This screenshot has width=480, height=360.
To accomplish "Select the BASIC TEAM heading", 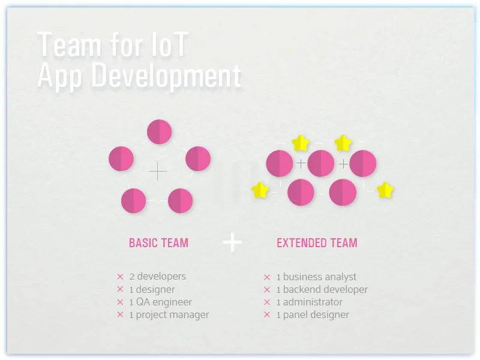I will (158, 243).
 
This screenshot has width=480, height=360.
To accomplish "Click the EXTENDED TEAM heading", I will (317, 243).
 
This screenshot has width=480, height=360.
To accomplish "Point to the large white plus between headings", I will (232, 242).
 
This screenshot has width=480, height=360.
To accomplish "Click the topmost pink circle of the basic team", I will (160, 132).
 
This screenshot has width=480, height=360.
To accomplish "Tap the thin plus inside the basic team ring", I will (158, 172).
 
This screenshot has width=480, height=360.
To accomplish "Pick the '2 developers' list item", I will (158, 277).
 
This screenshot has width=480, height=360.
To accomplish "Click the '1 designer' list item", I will (152, 289).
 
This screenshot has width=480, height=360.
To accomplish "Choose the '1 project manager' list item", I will (169, 314).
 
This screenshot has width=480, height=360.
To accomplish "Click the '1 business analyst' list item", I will (316, 277).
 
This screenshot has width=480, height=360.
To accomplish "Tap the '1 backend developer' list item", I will (322, 289).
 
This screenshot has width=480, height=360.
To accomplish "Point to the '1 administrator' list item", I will (310, 302).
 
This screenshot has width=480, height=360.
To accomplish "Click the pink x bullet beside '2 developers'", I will (120, 277).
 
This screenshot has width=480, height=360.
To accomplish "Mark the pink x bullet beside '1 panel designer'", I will (267, 314).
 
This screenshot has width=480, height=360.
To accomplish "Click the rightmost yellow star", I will (385, 190).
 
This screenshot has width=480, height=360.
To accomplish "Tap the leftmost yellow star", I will (260, 190).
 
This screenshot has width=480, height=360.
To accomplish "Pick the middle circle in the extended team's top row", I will (320, 163).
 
